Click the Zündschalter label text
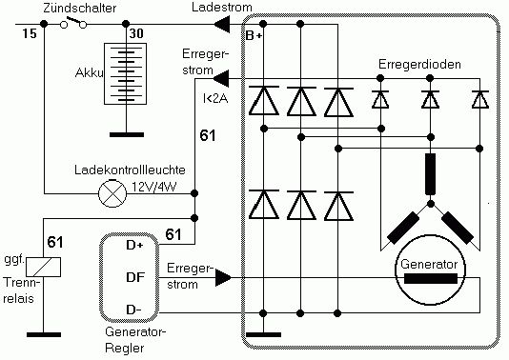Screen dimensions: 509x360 [x=79, y=9]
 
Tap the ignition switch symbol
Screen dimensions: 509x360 [x=73, y=22]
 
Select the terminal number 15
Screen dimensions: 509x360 [x=30, y=33]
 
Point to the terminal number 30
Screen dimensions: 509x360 [x=136, y=33]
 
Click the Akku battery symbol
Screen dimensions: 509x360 [x=125, y=74]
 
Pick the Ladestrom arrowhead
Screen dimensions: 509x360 [x=222, y=24]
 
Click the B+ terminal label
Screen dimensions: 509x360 [x=254, y=35]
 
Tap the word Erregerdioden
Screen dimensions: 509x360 [x=419, y=64]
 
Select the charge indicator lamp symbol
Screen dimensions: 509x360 [x=112, y=194]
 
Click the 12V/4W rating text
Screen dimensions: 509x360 [x=153, y=187]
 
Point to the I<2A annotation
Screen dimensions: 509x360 [x=215, y=98]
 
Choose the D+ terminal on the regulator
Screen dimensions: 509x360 [x=134, y=245]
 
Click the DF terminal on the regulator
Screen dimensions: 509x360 [x=135, y=277]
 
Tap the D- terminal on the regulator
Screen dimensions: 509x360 [x=133, y=310]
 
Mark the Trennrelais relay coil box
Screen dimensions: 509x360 [x=43, y=268]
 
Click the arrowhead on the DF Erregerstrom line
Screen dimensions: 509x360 [x=223, y=278]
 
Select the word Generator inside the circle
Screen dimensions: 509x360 [x=429, y=265]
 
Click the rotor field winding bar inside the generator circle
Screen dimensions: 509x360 [x=431, y=279]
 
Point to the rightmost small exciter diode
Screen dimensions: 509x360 [x=479, y=100]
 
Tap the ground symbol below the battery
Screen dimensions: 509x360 [x=127, y=134]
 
